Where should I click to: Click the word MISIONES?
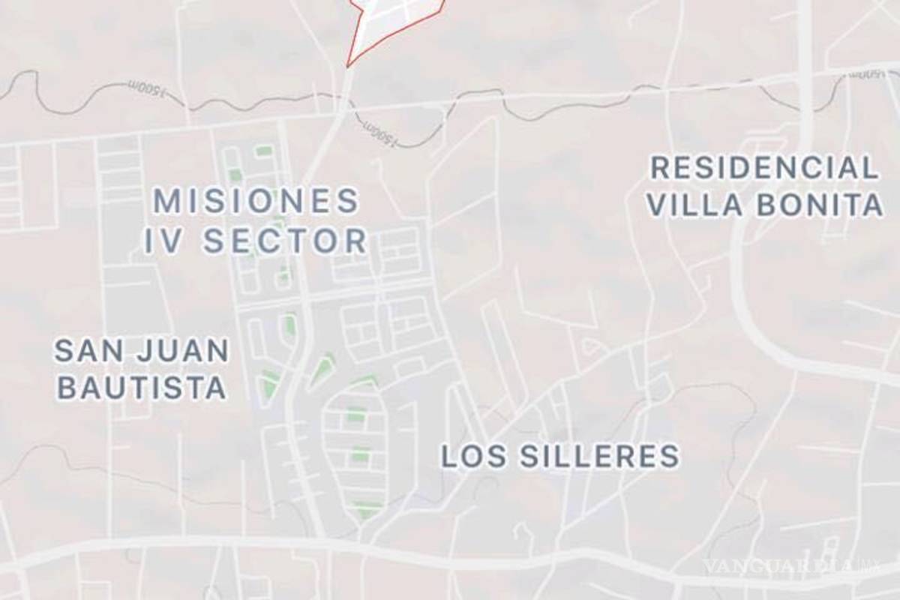pos(256,201)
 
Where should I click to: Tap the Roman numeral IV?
pos(163,241)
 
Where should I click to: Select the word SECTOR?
pos(285,241)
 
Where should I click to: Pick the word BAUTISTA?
pos(141,388)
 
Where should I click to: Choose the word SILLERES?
pos(596,455)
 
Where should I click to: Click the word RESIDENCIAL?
pos(763,167)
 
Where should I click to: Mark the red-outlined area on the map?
pos(390,22)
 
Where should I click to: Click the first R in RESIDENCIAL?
pos(660,167)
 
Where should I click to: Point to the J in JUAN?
pos(143,350)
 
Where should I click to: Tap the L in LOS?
pos(448,455)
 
